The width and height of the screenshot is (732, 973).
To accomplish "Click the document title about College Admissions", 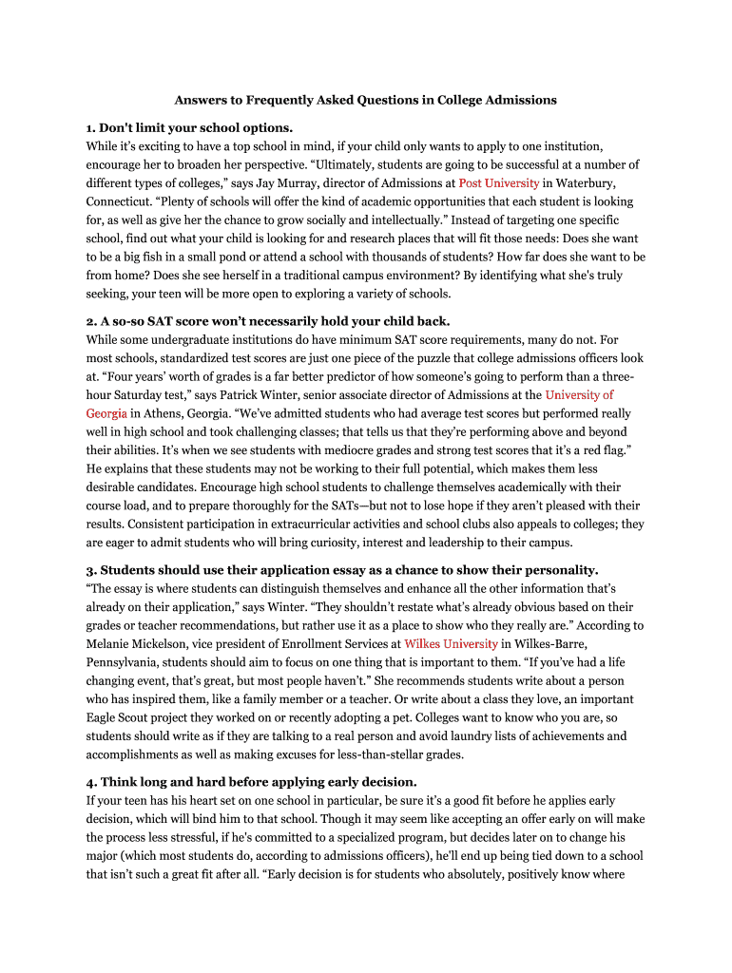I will (365, 100).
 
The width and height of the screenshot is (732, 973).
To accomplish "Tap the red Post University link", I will (499, 182).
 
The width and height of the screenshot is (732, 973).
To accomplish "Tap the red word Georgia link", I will (106, 414).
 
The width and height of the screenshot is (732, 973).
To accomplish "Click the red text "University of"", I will (579, 395).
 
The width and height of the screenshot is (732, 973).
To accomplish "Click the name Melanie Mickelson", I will (137, 644).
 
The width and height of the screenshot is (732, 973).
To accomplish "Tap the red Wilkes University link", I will (451, 644).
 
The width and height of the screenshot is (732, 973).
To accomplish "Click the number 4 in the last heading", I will (90, 782).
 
